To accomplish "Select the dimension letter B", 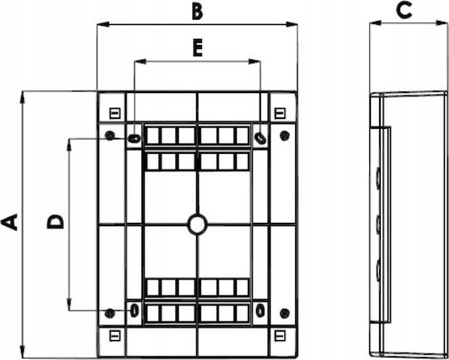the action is click(x=197, y=12).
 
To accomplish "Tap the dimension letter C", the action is click(x=404, y=10).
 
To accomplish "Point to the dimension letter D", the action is click(x=55, y=222).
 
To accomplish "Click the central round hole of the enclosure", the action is click(x=197, y=224).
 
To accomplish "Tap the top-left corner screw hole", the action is click(x=110, y=136).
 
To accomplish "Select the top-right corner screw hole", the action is click(x=284, y=136).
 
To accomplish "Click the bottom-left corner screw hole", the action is click(x=110, y=313).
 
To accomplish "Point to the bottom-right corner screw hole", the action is click(x=284, y=313).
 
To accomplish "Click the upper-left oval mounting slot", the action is click(x=134, y=139).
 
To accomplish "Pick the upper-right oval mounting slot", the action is click(x=260, y=138).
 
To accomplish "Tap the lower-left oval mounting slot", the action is click(x=134, y=310).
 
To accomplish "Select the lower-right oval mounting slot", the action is click(x=260, y=310).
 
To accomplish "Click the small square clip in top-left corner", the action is click(x=115, y=113).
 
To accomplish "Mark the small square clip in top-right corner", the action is click(x=279, y=113).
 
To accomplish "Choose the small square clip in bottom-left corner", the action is click(x=115, y=336).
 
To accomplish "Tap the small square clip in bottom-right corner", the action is click(x=279, y=336).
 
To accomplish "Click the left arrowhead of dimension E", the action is click(x=141, y=62).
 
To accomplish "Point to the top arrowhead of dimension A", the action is click(x=22, y=96).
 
